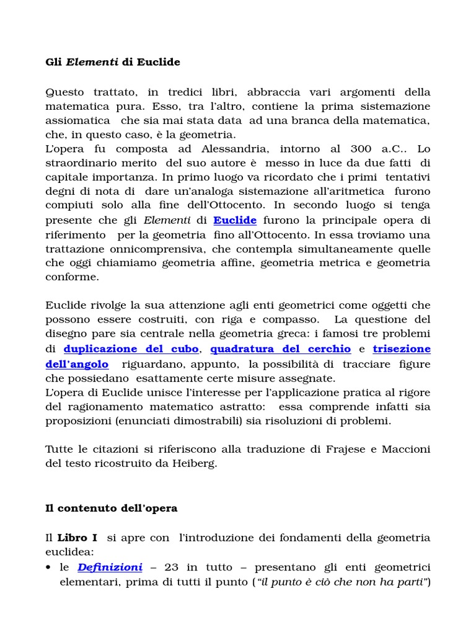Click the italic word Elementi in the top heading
[x=92, y=62]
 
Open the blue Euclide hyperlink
[x=235, y=220]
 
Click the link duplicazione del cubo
[x=131, y=349]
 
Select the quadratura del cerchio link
[x=281, y=349]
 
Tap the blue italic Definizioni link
[x=110, y=567]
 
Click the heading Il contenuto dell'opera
[x=112, y=508]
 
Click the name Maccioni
[x=407, y=449]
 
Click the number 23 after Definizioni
[x=172, y=567]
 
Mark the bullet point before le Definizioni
[x=48, y=568]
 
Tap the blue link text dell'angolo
[x=77, y=364]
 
